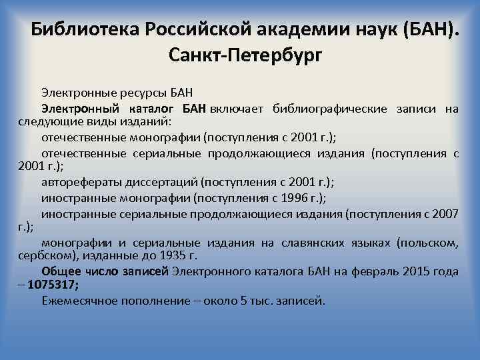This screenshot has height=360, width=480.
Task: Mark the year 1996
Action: [x=292, y=198]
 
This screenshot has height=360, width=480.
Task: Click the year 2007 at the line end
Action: [x=445, y=214]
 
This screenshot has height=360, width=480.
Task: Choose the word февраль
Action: [x=369, y=271]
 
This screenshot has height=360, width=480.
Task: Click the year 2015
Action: [x=417, y=271]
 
